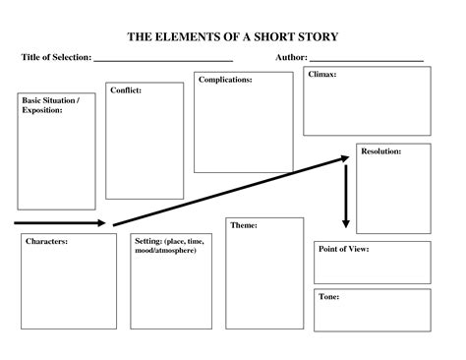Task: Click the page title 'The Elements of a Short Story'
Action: (x=233, y=37)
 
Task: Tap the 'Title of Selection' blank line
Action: (x=162, y=62)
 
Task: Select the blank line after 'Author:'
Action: (x=366, y=62)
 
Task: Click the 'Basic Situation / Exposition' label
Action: (x=44, y=105)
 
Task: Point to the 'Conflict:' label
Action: (x=126, y=90)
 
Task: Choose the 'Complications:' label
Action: (x=224, y=80)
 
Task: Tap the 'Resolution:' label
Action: (x=380, y=151)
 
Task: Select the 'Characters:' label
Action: (x=46, y=241)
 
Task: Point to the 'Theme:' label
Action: (x=244, y=225)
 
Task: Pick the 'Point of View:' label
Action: (x=343, y=250)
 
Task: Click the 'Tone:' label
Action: (x=329, y=296)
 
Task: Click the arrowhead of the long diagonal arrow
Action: (x=345, y=157)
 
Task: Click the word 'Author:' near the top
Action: (x=293, y=58)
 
